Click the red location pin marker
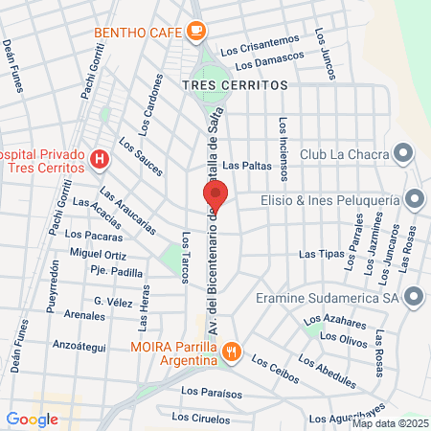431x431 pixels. (x=215, y=195)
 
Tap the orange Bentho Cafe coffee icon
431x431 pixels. (x=196, y=32)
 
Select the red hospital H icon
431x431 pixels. (x=98, y=157)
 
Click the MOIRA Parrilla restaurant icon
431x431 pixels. (x=231, y=352)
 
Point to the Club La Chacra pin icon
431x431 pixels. (x=403, y=153)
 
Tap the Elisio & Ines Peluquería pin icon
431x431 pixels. (x=414, y=199)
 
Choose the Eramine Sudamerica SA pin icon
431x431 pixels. (x=414, y=296)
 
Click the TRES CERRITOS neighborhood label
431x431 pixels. (x=234, y=84)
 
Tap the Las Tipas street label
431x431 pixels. (x=321, y=254)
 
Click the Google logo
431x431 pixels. (x=32, y=419)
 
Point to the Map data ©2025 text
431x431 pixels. (x=390, y=423)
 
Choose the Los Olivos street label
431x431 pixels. (x=342, y=338)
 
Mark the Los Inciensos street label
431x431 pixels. (x=283, y=148)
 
